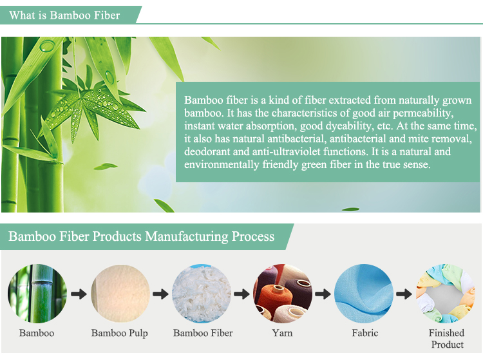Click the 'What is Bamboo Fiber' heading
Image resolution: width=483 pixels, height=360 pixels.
coord(64,15)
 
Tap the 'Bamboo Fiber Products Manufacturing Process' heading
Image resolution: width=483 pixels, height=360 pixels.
coord(142,236)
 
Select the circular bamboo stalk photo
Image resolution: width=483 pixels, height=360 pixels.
coord(37,294)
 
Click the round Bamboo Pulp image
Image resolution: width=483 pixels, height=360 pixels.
coord(120,294)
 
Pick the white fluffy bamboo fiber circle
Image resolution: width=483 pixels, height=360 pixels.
coord(202,294)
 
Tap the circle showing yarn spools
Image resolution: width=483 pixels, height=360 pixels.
coord(283,294)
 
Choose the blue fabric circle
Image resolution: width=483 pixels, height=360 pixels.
coord(364,294)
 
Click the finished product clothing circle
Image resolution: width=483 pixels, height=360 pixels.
coord(445,294)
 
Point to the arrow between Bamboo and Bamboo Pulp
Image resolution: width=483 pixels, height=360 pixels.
coord(79,294)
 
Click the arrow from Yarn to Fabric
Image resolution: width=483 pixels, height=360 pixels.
coord(323,294)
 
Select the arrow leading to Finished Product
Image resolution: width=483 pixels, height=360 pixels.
coord(404,294)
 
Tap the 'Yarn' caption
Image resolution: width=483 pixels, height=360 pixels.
coord(282,333)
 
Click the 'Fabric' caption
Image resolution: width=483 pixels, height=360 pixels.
coord(365,333)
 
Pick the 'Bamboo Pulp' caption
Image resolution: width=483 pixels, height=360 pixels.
coord(120,333)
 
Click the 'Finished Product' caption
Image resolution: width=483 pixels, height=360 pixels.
coord(447,339)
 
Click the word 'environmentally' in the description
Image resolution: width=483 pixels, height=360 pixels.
coord(222,164)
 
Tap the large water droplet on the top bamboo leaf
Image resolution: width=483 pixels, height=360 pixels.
coord(47,46)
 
